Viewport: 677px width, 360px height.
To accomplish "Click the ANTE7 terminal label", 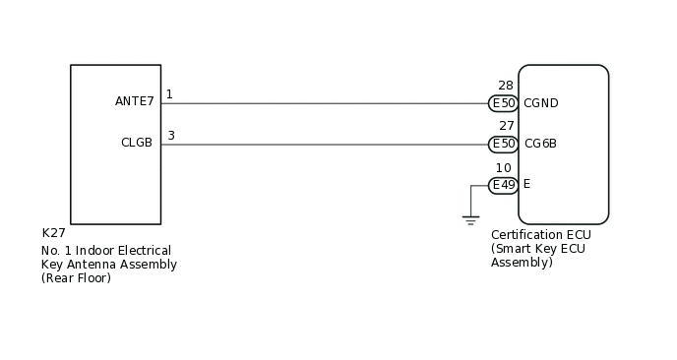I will [x=135, y=101].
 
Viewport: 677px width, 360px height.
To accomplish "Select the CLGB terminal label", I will [x=137, y=143].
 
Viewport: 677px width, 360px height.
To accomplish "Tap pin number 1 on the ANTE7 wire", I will [x=169, y=94].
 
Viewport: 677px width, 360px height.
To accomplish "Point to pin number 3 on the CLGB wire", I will [x=170, y=136].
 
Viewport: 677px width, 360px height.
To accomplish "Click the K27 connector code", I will [x=53, y=233].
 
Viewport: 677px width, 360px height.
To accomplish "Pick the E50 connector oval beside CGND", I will [x=504, y=103].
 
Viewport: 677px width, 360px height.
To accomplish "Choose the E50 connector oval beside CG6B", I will [x=504, y=144].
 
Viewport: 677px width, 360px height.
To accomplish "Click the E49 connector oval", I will [x=504, y=185].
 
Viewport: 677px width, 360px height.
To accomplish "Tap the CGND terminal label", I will [x=541, y=103].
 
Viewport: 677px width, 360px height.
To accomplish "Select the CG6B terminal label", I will [x=540, y=144].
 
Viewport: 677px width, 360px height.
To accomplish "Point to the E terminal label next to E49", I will [x=526, y=184].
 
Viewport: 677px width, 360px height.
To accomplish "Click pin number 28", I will [x=506, y=87].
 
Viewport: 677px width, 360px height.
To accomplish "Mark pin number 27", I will [x=506, y=127].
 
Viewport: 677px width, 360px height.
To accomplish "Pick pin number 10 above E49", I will [x=503, y=168].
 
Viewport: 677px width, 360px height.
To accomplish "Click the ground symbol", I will [x=470, y=220].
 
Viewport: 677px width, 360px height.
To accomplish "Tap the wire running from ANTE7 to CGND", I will [x=325, y=103].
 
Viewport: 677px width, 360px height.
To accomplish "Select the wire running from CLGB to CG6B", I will [x=325, y=145].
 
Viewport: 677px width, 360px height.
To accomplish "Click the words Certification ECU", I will [x=541, y=235].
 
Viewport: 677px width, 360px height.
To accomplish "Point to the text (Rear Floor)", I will [x=77, y=278].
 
